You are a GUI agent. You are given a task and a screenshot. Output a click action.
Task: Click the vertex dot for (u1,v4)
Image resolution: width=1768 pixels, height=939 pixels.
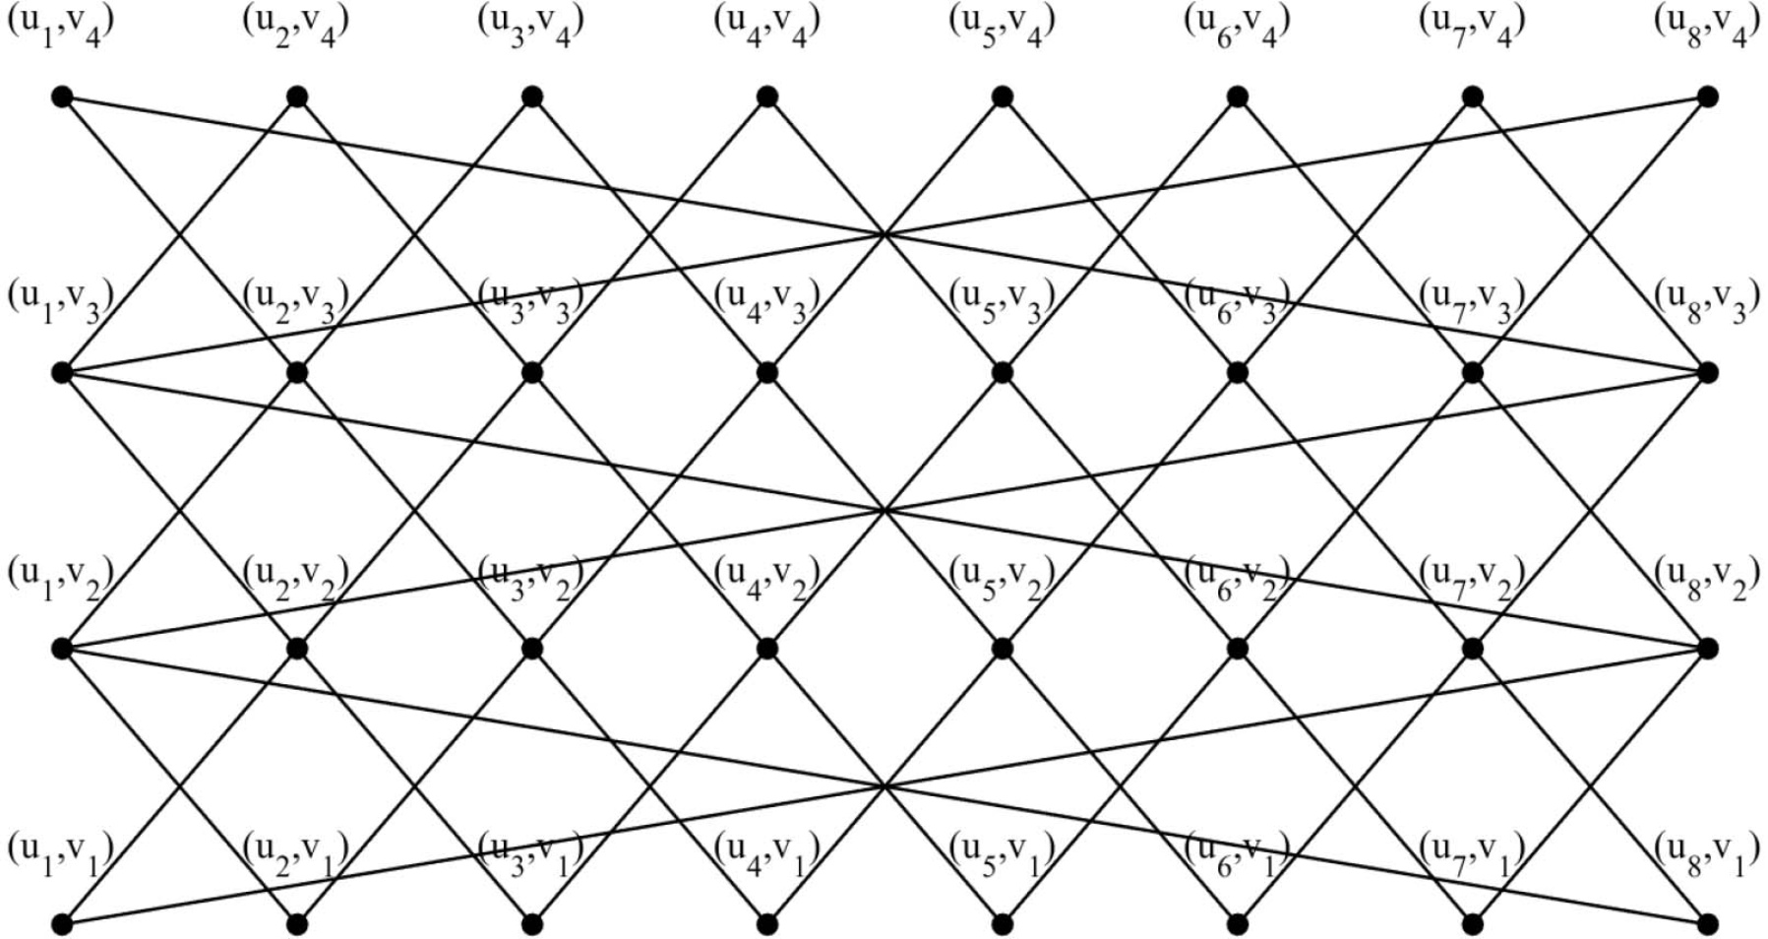[63, 96]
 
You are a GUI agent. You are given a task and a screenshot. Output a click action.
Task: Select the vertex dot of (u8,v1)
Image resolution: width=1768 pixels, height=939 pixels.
[1708, 924]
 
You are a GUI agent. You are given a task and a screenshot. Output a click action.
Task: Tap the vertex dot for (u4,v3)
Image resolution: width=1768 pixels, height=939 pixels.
[768, 373]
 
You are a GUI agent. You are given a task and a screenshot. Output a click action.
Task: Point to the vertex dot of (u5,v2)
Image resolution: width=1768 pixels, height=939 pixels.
[1003, 649]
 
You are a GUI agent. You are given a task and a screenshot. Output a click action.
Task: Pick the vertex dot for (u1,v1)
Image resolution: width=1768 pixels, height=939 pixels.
[63, 924]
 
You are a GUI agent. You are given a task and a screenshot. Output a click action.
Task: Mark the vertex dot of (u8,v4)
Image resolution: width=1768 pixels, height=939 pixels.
[1708, 96]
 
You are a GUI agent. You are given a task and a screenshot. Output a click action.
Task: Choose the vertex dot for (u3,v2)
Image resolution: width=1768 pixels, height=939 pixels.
[533, 649]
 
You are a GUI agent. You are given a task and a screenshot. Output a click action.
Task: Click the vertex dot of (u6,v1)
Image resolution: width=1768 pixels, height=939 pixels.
[1238, 924]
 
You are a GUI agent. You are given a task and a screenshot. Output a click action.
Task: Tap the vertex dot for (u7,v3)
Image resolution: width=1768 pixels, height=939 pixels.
[1473, 373]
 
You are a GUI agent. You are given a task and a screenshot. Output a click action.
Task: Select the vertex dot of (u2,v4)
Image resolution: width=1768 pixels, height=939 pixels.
[298, 96]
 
